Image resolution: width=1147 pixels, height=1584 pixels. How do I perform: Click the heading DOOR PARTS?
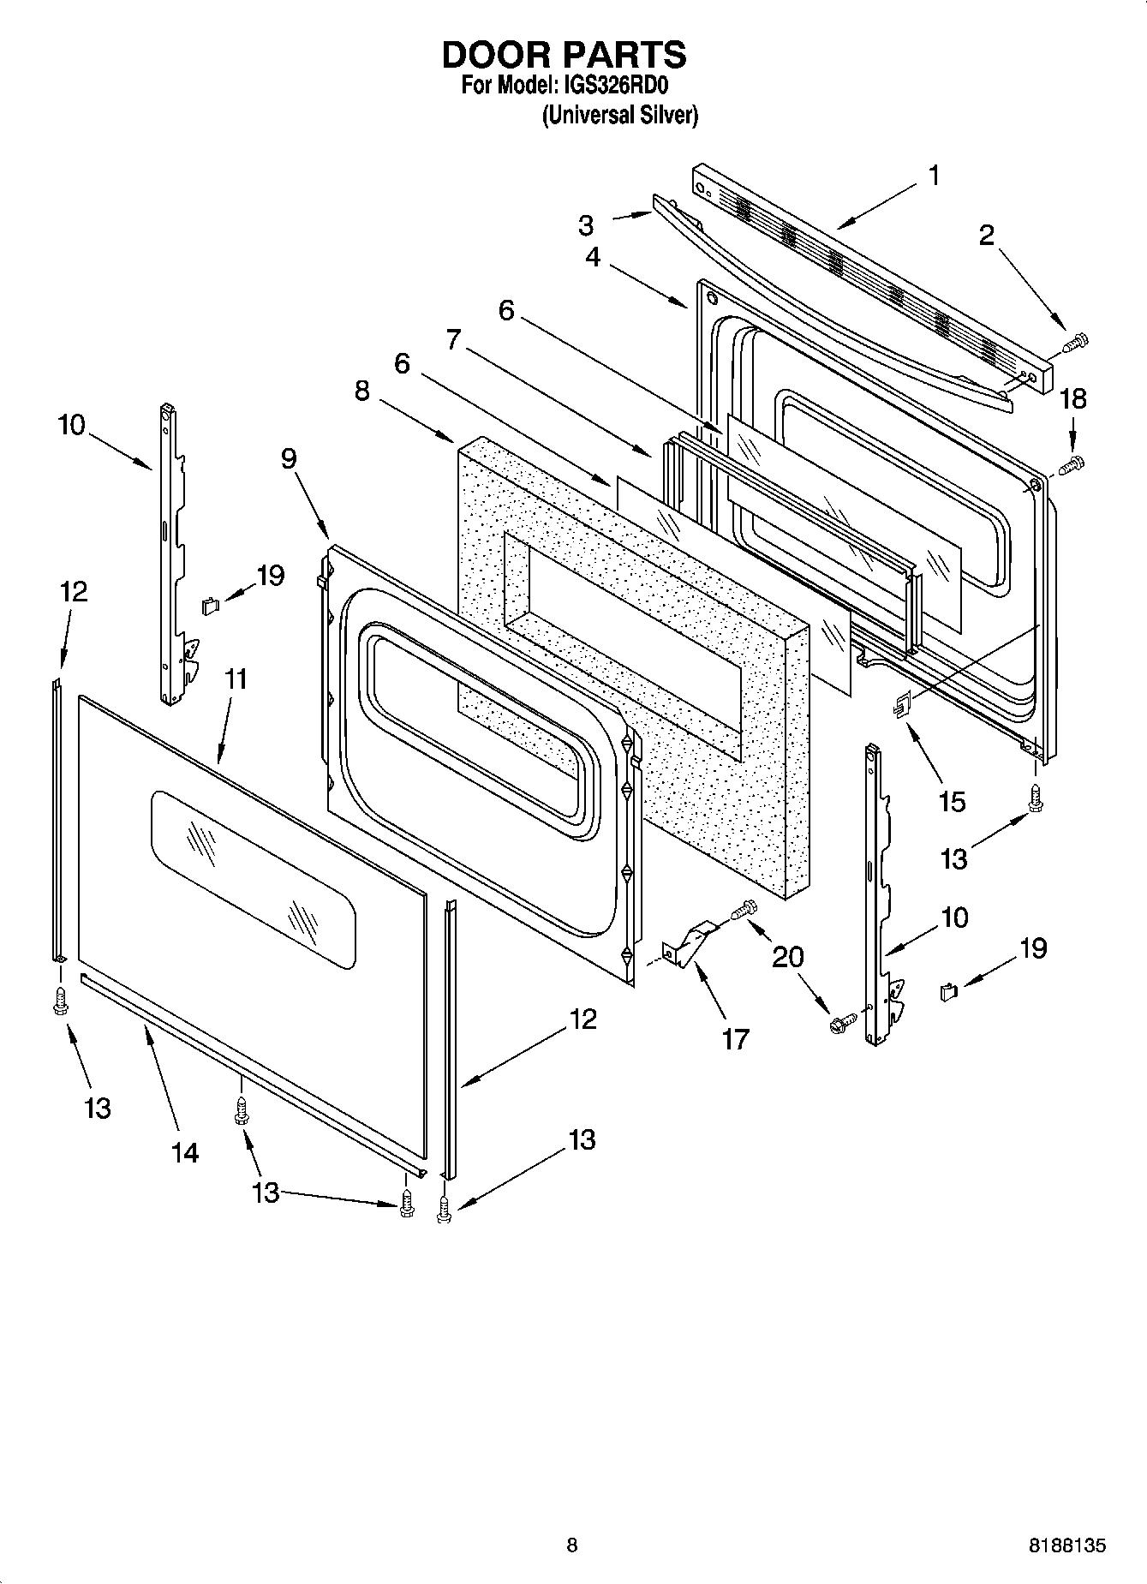coord(564,55)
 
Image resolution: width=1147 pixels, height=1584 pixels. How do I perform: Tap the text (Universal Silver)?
coord(618,115)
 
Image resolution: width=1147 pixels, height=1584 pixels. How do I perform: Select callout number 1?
coord(934,176)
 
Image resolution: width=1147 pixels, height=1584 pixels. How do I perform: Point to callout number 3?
coord(585,225)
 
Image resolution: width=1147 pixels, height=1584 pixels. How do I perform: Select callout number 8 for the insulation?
coord(362,391)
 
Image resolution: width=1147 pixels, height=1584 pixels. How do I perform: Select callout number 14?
coord(184,1152)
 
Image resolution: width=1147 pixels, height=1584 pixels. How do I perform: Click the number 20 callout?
coord(788,956)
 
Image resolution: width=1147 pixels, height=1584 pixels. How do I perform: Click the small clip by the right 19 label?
coord(947,992)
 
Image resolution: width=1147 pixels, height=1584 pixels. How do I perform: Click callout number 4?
coord(593,256)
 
